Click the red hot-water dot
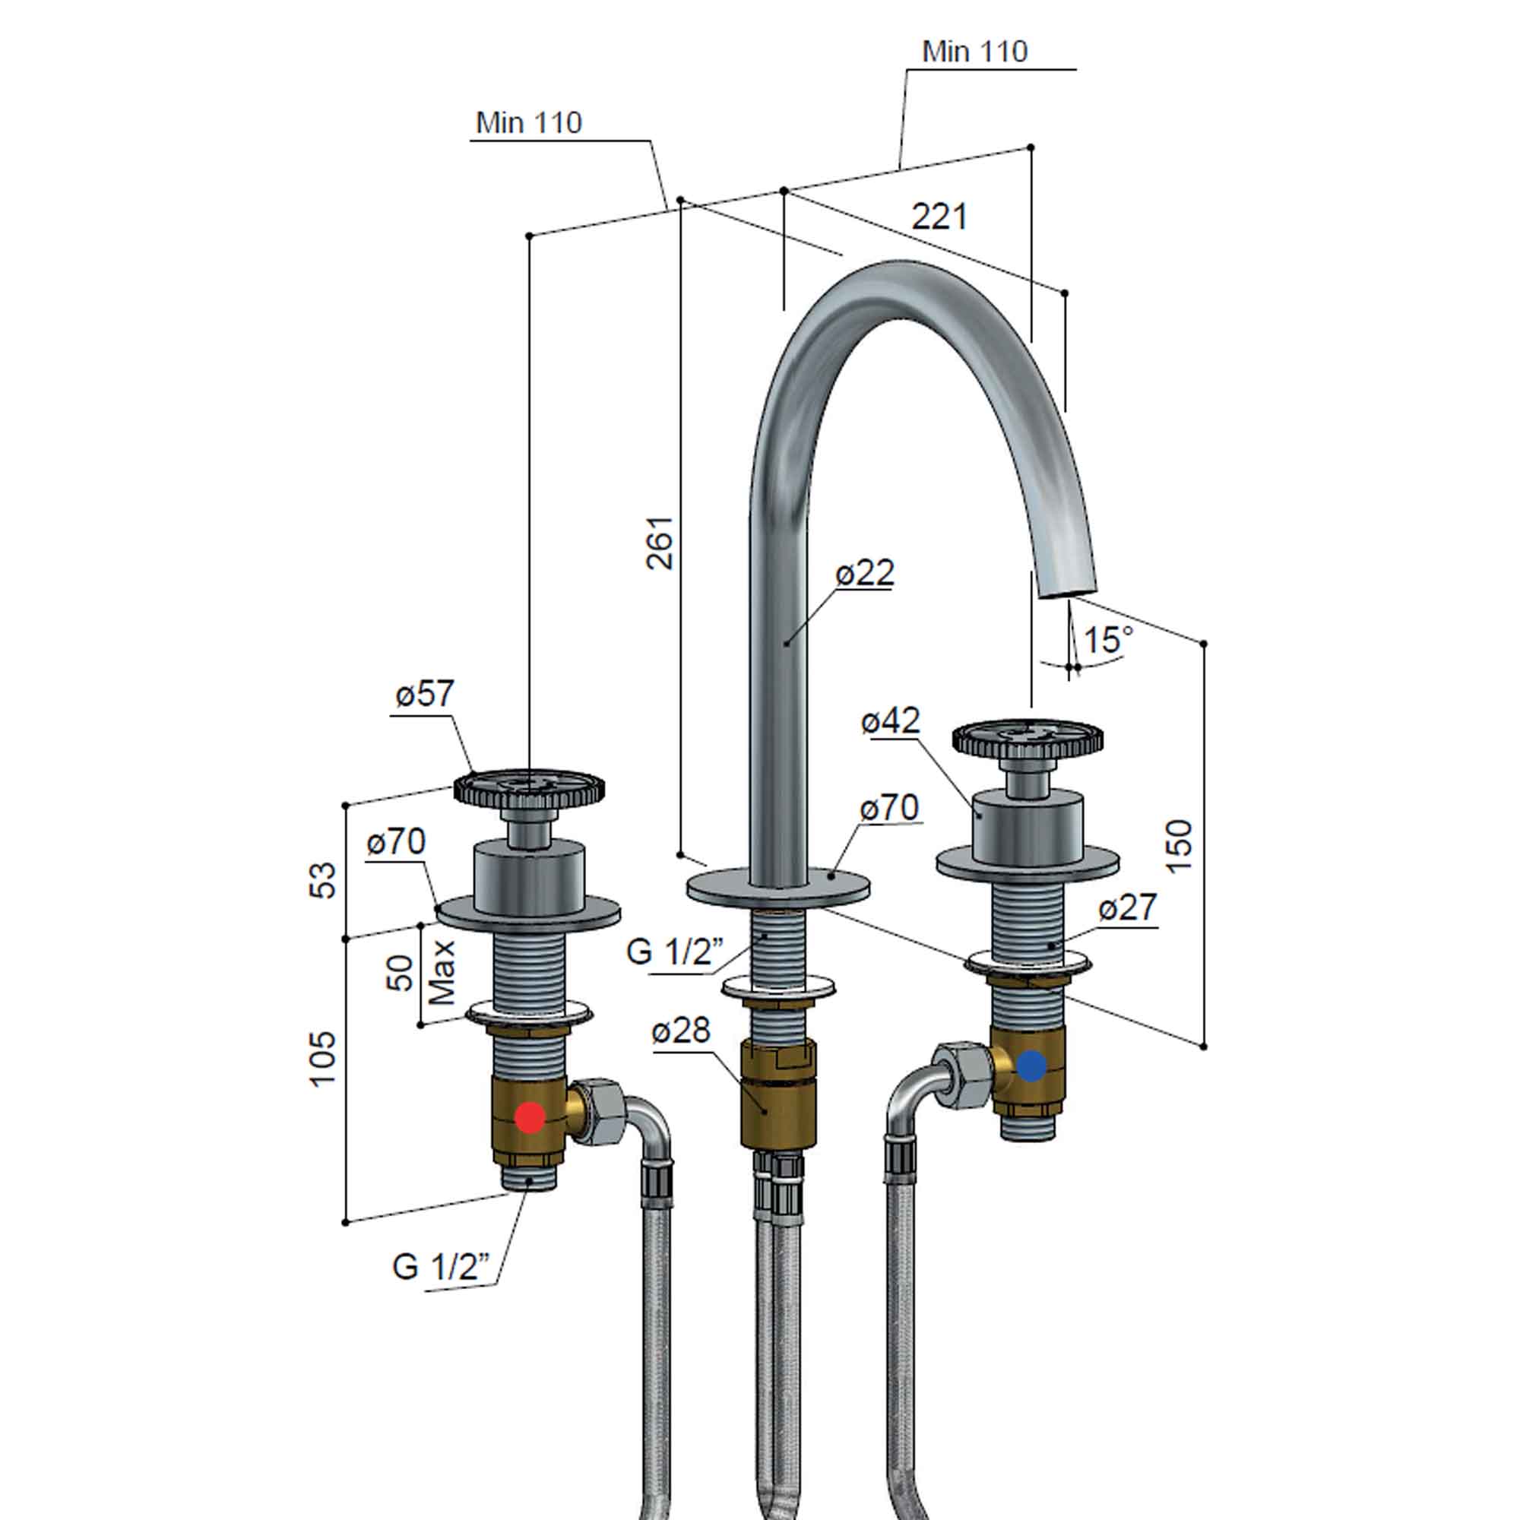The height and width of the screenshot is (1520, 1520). point(530,1117)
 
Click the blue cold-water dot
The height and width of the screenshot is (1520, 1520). point(1031,1066)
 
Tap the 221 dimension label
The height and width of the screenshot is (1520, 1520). point(939,217)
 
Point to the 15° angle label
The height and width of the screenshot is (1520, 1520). point(1108,640)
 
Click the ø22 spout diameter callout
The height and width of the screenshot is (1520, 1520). point(865,573)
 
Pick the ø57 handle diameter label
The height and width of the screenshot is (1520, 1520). point(425,694)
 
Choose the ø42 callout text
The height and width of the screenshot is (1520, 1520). point(890,720)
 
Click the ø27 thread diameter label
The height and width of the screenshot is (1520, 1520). point(1127,908)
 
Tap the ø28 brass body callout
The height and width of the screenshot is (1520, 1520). point(680,1031)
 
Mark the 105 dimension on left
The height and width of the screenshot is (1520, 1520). point(322,1058)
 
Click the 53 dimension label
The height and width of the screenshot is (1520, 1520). point(322,880)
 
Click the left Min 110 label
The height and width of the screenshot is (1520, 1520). point(529,122)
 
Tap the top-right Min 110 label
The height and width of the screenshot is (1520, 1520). point(975,52)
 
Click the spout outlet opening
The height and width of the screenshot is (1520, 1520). point(1068,591)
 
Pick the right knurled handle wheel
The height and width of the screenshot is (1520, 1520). point(1027,736)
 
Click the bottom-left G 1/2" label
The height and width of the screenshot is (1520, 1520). point(441,1268)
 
